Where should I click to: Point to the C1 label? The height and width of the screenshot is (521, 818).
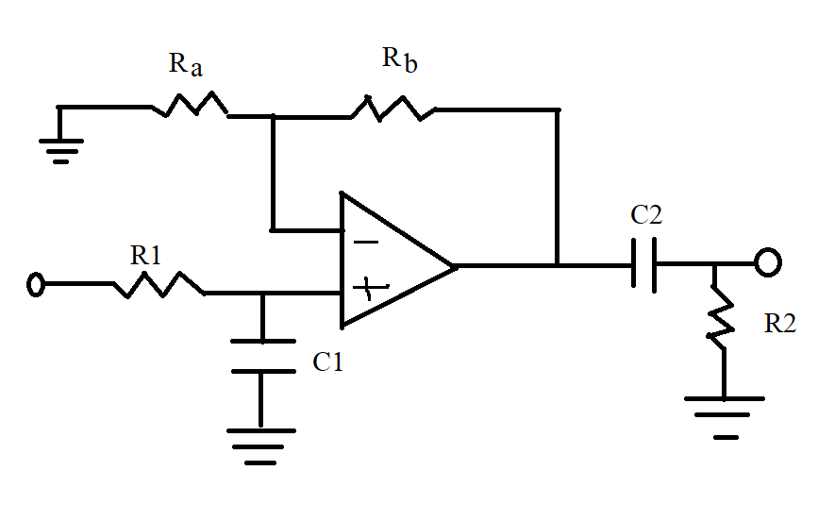pos(327,362)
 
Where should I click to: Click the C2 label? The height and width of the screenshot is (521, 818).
pos(646,215)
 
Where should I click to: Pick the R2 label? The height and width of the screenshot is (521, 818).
pos(780,324)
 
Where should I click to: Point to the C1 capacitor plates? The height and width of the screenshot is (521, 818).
pos(261,355)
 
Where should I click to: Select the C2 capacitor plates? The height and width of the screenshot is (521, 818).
pos(644,265)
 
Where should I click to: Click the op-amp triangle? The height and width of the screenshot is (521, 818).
pos(392,261)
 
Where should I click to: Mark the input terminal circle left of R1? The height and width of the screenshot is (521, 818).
pos(36,284)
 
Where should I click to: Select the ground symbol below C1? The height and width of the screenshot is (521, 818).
pos(261,445)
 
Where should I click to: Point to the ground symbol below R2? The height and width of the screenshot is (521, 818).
pos(723,416)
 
